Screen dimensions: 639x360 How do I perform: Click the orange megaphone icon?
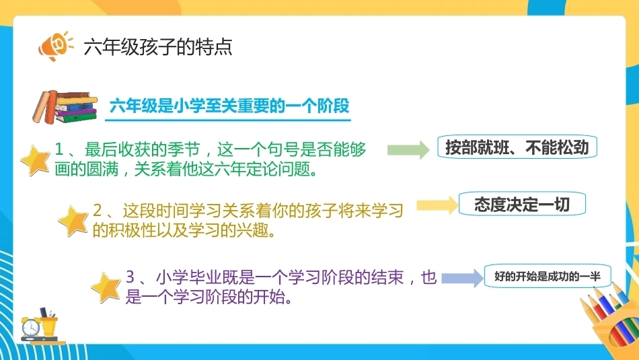[x=55, y=46]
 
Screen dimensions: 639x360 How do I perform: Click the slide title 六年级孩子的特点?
[x=157, y=47]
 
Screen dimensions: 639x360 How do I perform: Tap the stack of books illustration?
[x=65, y=107]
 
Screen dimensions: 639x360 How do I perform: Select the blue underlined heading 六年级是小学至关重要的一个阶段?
[x=229, y=106]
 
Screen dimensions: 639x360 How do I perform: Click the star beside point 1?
[x=36, y=160]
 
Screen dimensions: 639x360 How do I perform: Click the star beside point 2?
[x=73, y=221]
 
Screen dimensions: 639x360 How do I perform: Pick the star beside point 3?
[x=106, y=287]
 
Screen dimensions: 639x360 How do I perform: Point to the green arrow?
[x=408, y=149]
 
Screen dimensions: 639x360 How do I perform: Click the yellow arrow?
[x=437, y=205]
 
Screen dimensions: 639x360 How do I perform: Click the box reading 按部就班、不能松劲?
[x=517, y=147]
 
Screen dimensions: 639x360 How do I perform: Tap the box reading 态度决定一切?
[x=522, y=204]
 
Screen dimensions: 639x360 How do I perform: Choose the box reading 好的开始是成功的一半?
[x=548, y=277]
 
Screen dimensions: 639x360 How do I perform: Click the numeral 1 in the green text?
[x=59, y=149]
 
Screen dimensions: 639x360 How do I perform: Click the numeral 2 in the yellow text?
[x=98, y=211]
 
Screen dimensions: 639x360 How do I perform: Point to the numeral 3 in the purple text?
[x=130, y=277]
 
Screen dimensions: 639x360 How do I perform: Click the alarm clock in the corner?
[x=30, y=327]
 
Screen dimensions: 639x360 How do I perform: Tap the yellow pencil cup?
[x=49, y=324]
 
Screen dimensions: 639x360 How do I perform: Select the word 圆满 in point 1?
[x=102, y=169]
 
